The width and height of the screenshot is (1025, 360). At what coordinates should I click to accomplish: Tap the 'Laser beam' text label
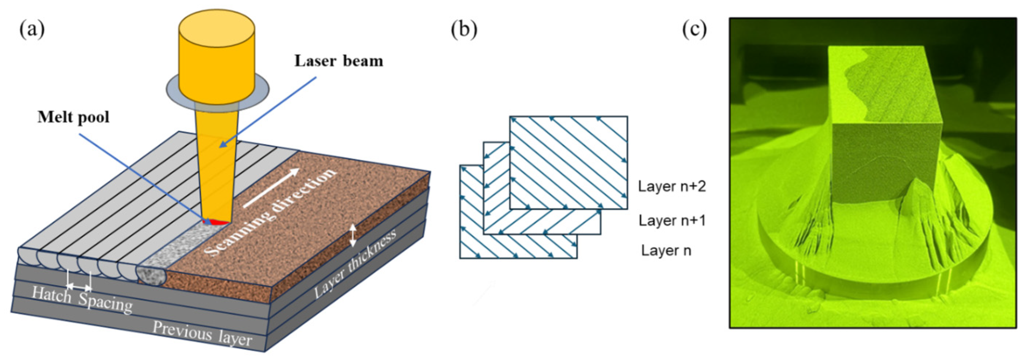pos(338,61)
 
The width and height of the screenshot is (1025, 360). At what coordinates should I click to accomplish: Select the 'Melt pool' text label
pos(73,117)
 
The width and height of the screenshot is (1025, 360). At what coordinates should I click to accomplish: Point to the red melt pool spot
pos(215,221)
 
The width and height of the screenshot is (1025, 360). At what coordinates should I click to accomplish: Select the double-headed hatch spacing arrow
pos(79,287)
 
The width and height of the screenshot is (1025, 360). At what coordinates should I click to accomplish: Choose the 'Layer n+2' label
pos(672,186)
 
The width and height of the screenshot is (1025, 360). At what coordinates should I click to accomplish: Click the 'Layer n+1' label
pos(672,220)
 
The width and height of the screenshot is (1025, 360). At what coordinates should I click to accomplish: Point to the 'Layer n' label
pos(666,251)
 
